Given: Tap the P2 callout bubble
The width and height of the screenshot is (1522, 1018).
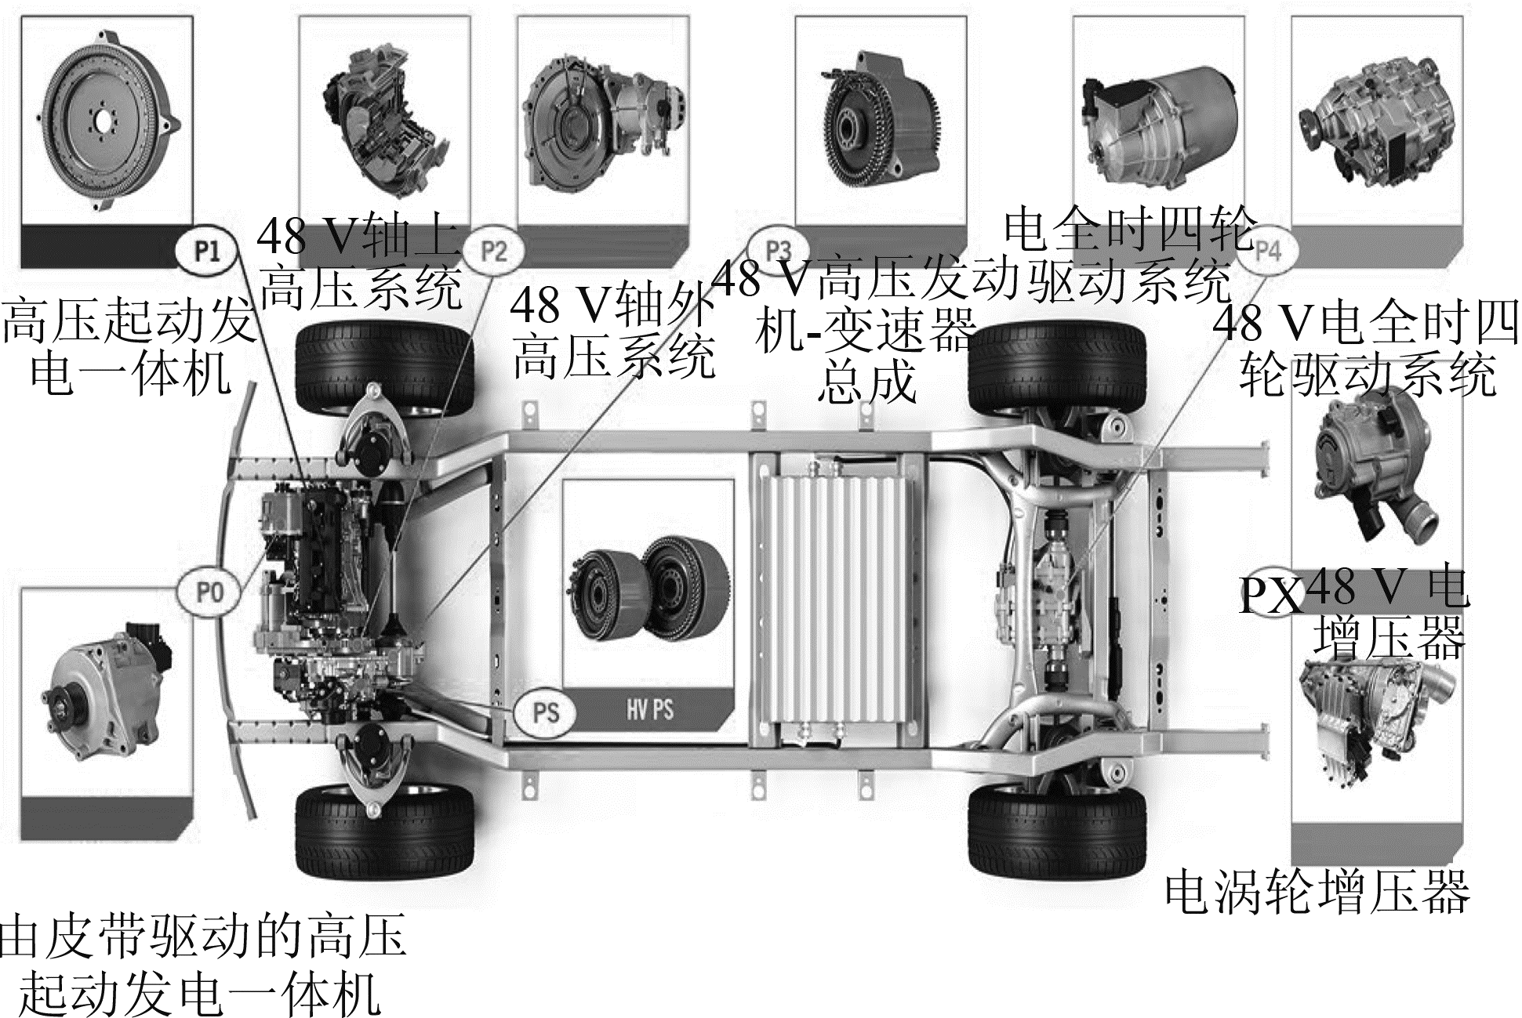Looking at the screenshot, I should (493, 251).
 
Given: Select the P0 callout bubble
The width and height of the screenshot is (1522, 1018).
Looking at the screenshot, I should (209, 592).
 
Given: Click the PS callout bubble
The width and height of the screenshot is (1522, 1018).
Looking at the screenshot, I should (546, 712).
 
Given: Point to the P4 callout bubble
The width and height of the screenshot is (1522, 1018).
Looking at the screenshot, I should (1267, 251).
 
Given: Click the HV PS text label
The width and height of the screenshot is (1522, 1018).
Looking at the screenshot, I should (650, 711).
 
